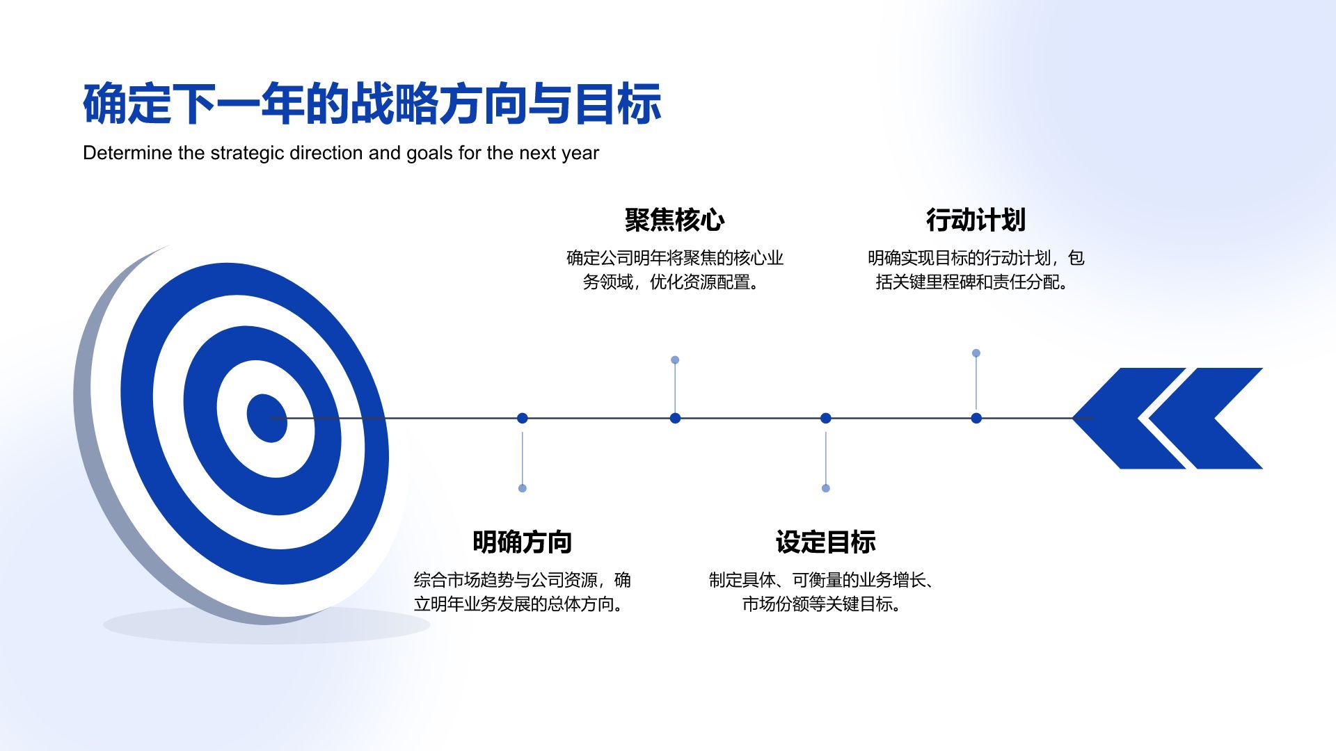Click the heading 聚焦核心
(674, 220)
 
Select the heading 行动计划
(976, 220)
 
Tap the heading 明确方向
(522, 542)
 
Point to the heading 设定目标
(825, 542)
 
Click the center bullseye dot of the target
(267, 418)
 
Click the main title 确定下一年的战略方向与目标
(372, 104)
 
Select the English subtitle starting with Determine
(340, 153)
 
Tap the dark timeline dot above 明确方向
(523, 418)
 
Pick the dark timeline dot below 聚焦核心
(675, 418)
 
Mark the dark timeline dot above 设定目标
(826, 418)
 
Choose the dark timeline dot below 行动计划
(976, 418)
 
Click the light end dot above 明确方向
(523, 488)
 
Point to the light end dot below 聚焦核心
(675, 360)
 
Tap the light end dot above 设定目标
(826, 488)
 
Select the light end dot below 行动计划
(976, 353)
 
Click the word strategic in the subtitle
(247, 153)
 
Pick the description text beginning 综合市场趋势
(522, 592)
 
